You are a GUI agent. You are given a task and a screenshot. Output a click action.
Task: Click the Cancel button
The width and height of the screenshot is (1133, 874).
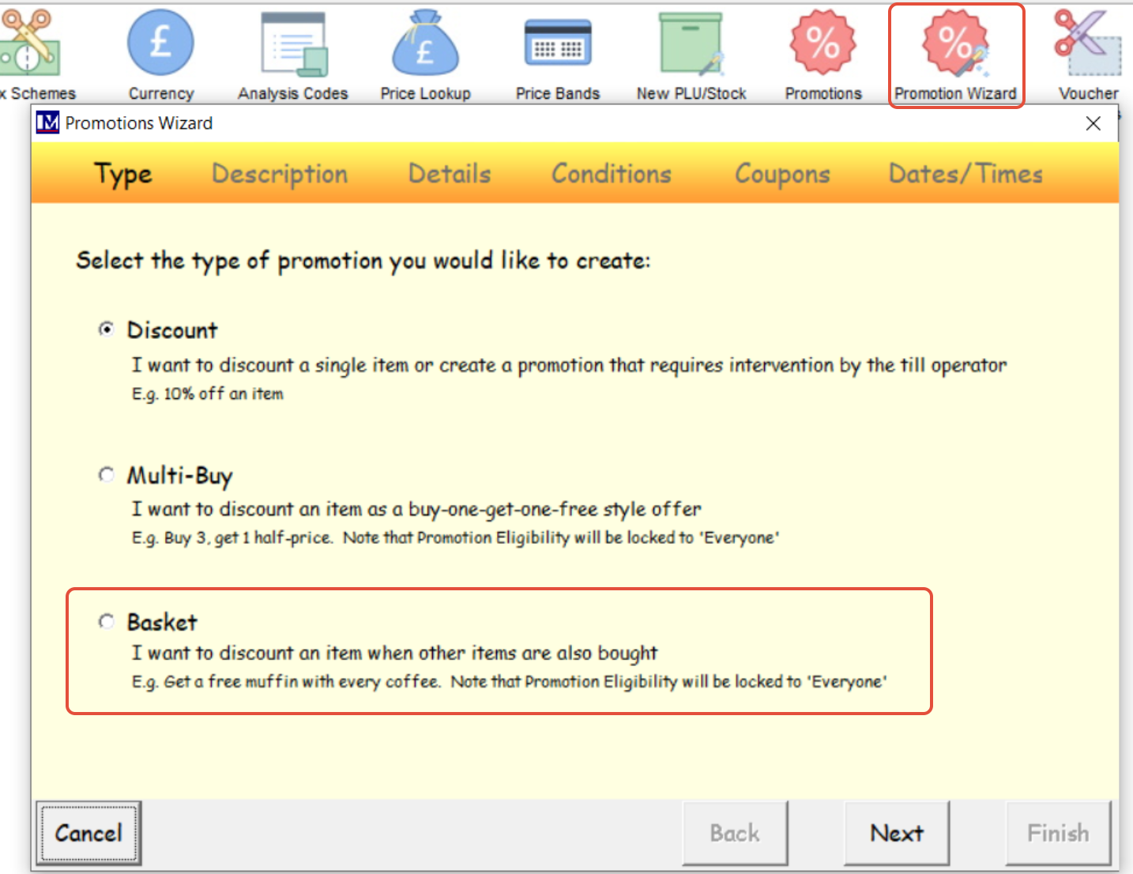tap(88, 833)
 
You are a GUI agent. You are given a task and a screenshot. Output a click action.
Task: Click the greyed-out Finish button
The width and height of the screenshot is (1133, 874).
tap(1058, 833)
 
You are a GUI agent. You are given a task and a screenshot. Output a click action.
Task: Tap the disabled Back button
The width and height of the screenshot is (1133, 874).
tap(735, 833)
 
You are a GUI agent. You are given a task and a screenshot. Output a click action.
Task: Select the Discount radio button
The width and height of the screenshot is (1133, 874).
tap(107, 330)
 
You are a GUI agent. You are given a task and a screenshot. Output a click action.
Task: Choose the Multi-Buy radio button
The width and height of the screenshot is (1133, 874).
tap(107, 475)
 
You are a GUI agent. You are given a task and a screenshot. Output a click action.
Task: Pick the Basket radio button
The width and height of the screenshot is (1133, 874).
tap(107, 621)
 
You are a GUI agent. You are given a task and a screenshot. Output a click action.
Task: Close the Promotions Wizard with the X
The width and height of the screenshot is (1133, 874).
tap(1093, 123)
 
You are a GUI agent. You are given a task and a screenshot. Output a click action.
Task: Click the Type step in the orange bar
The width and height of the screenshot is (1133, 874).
tap(123, 174)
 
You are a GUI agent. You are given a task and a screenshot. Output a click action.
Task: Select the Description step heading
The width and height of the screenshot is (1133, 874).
tap(280, 174)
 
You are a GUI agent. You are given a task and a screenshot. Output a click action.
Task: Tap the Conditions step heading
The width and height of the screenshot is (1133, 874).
tap(612, 174)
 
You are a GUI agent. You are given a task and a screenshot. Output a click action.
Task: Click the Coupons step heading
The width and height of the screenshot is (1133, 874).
tap(782, 174)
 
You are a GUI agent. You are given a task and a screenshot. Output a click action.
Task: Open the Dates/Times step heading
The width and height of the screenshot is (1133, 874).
tap(965, 174)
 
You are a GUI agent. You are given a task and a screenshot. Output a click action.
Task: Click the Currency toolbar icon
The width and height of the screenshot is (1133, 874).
tap(160, 43)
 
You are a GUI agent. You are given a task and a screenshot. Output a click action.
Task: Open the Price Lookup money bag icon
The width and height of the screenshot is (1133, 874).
tap(425, 43)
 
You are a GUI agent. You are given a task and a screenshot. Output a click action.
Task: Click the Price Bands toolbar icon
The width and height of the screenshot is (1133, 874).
tap(558, 43)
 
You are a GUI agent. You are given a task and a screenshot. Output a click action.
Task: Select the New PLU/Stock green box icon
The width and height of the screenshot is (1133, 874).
tap(691, 43)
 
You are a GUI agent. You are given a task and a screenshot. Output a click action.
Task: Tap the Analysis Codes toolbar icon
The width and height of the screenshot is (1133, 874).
tap(294, 43)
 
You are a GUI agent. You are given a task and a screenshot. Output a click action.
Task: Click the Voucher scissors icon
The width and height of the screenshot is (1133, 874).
tap(1087, 43)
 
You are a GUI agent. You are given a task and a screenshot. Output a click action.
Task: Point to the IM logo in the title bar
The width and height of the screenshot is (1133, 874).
tap(47, 123)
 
